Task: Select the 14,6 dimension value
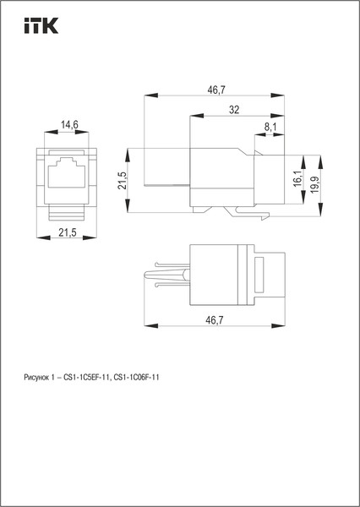tap(69, 125)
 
